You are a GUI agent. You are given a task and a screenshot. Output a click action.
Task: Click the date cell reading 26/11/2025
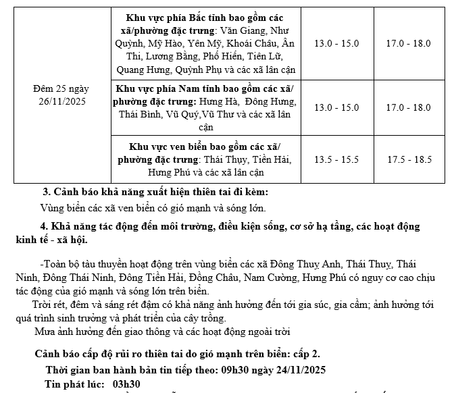[x=61, y=101]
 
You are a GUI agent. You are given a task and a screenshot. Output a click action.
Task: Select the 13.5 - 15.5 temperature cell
[x=337, y=160]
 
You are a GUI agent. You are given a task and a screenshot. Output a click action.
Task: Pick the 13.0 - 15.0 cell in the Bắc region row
[x=337, y=43]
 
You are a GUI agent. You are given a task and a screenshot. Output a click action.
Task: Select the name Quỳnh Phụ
[x=200, y=70]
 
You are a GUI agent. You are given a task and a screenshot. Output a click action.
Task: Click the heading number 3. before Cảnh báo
[x=47, y=192]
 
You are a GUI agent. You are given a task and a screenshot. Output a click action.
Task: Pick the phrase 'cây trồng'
[x=203, y=319]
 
